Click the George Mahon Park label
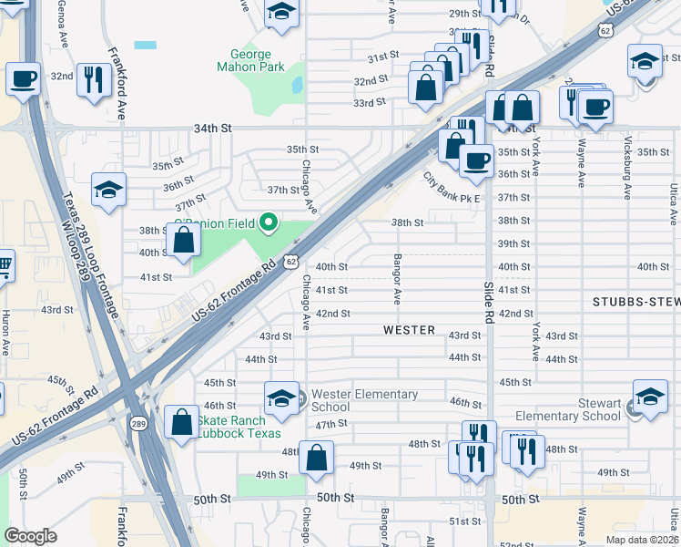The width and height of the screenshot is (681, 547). tap(250, 60)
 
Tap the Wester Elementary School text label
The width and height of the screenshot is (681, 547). tap(364, 401)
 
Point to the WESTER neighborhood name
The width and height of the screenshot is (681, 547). tap(409, 330)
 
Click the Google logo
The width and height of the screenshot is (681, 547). tap(30, 535)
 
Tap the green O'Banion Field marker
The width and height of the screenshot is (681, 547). tap(269, 222)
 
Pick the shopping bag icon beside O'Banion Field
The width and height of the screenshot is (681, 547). tap(183, 242)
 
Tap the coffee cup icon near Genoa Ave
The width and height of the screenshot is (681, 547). tap(23, 77)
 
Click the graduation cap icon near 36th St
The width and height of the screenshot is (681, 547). tap(108, 191)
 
